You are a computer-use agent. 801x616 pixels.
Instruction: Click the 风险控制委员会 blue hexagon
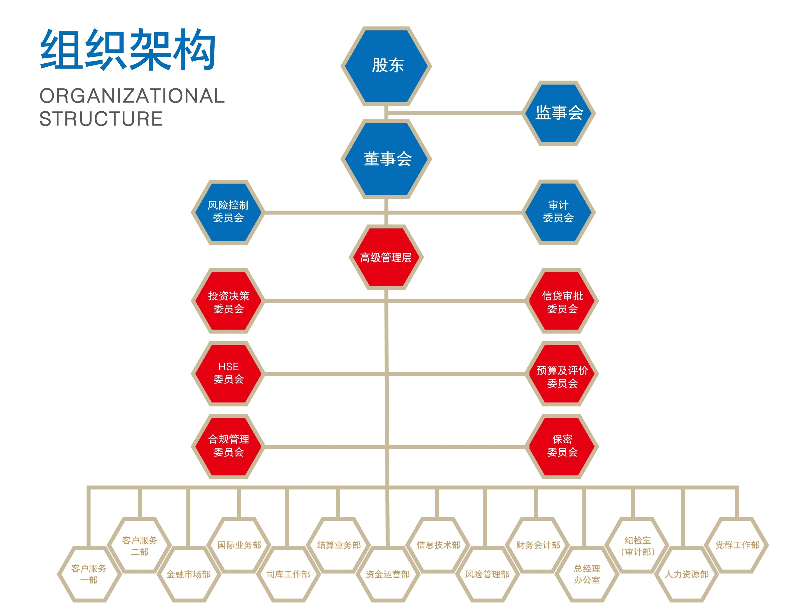tap(228, 212)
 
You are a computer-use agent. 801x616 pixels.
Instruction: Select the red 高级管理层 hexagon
tap(386, 257)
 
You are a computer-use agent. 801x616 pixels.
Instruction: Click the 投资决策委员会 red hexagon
tap(228, 301)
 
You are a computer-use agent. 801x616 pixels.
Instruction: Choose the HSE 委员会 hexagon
tap(228, 373)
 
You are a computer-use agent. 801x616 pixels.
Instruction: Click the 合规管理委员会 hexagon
tap(228, 446)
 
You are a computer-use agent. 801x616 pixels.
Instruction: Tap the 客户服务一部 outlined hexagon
tap(89, 574)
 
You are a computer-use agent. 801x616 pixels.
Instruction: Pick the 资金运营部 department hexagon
tap(388, 574)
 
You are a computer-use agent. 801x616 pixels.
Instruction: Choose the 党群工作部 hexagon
tap(737, 545)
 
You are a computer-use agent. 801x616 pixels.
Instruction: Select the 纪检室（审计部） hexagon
tap(637, 545)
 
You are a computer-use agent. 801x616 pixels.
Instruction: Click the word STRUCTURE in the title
tap(101, 119)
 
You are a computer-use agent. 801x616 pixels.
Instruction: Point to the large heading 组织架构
tap(127, 49)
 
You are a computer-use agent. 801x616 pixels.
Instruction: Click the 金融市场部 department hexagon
tap(188, 574)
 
